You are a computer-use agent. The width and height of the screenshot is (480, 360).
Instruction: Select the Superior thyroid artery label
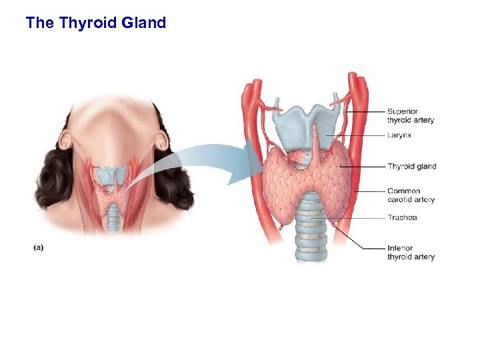(x=411, y=115)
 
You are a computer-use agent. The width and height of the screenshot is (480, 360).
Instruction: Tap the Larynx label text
(x=399, y=135)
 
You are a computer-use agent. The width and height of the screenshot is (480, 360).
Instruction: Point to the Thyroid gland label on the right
(x=411, y=166)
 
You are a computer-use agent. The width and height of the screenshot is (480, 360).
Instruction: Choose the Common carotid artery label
(x=411, y=195)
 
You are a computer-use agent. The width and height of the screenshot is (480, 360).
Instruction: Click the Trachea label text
(x=402, y=217)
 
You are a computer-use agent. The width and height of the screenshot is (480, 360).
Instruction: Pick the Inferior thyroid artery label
(x=411, y=253)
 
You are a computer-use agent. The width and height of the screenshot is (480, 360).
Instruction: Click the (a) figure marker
(x=39, y=247)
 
